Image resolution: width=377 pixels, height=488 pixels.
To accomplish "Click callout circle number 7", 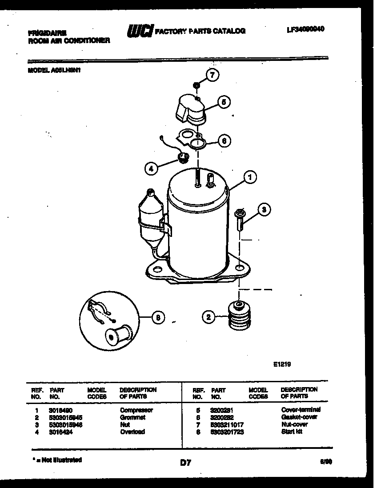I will pos(213,76).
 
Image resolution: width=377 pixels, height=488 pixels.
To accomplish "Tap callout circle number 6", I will pos(225,141).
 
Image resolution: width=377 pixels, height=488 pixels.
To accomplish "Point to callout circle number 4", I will pos(151,168).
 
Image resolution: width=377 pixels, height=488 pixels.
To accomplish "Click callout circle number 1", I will pos(250,178).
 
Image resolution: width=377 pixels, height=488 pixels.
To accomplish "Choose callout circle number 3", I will pos(264,210).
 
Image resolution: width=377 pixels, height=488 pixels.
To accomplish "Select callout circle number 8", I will pos(157,318).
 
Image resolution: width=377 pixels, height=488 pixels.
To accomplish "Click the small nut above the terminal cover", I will pos(196,84).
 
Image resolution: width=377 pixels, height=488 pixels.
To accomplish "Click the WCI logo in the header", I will pos(140,31).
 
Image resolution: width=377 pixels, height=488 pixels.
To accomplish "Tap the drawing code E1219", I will pos(281,363).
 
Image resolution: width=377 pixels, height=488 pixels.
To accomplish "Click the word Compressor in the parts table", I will pos(136,410).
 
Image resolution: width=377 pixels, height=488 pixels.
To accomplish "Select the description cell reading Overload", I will pos(132,432).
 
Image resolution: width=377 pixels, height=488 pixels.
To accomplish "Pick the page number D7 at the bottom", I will pos(185,463).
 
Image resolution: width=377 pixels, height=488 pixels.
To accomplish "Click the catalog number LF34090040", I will pos(305,29).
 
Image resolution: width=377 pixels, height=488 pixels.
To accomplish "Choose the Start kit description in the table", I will pos(292,432).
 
